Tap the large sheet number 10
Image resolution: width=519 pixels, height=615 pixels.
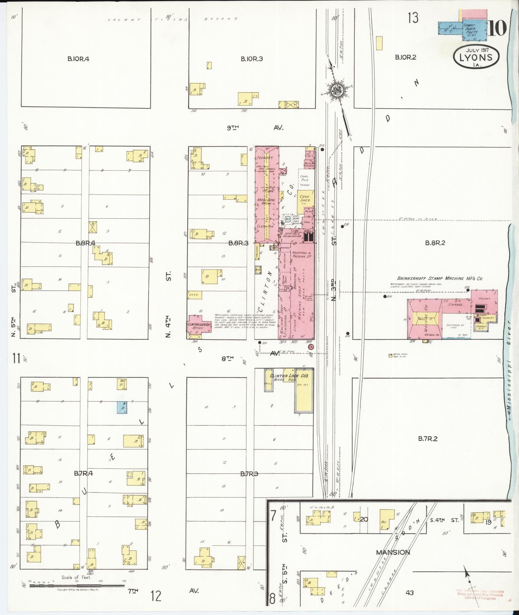[497, 28]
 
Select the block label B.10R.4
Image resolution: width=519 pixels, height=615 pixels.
[78, 59]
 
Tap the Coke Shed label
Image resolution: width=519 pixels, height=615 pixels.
[305, 198]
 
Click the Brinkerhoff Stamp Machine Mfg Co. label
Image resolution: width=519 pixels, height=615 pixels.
[440, 279]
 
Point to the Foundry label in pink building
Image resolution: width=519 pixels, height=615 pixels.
[265, 158]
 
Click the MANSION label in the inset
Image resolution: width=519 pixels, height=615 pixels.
[393, 552]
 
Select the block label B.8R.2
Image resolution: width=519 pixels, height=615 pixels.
[435, 243]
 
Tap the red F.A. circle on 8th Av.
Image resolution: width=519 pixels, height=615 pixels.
[311, 347]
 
